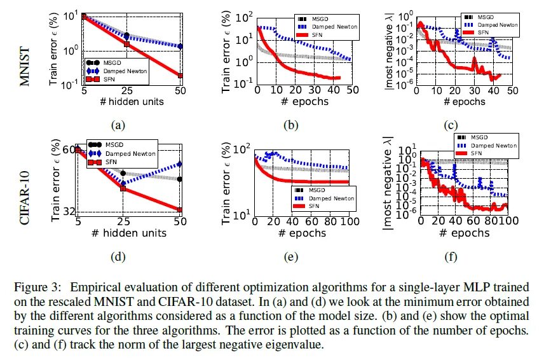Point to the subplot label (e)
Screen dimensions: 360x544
click(290, 256)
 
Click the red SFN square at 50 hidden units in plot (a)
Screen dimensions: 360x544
click(180, 76)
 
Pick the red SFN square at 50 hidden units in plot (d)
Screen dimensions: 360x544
click(180, 209)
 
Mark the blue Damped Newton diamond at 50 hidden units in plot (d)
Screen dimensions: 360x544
click(180, 164)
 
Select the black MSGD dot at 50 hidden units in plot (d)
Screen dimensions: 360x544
click(180, 179)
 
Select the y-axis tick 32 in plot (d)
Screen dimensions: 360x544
click(69, 211)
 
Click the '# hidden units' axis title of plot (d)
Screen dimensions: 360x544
click(129, 233)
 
